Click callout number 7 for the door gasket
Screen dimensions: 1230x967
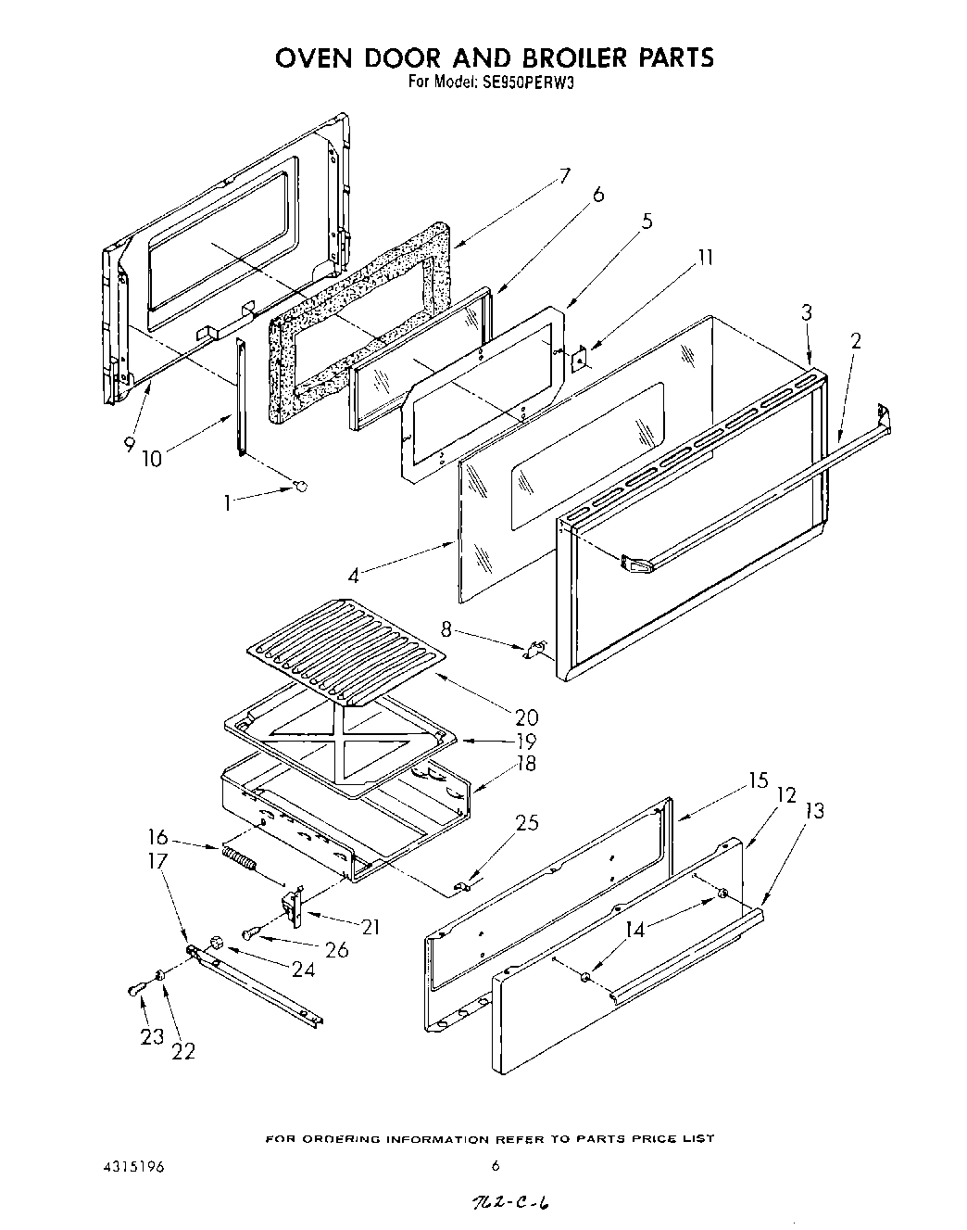[x=565, y=174]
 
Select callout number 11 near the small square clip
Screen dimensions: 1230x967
[x=705, y=257]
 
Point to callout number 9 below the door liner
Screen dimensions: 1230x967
[x=130, y=444]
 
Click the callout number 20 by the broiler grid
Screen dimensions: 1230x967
[x=527, y=716]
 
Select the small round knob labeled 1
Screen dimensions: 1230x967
[x=299, y=486]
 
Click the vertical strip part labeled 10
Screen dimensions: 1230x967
[x=240, y=398]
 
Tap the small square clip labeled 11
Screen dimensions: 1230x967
[x=582, y=357]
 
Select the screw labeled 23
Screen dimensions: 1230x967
[x=135, y=991]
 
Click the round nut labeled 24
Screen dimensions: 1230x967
[x=218, y=943]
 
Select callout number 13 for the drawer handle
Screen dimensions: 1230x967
[x=814, y=810]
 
